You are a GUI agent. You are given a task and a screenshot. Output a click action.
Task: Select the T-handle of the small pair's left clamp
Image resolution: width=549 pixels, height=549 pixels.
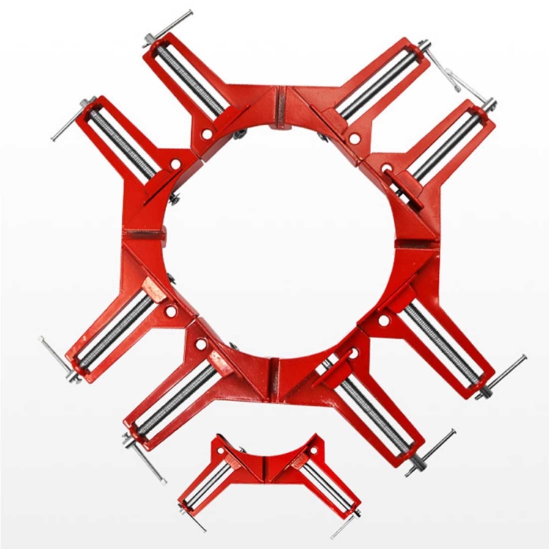(x=192, y=517)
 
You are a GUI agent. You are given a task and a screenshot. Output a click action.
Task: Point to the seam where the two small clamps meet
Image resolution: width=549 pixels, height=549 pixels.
(x=265, y=466)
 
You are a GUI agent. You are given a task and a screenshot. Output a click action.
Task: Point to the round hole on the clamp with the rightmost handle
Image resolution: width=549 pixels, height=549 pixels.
(x=384, y=321)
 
